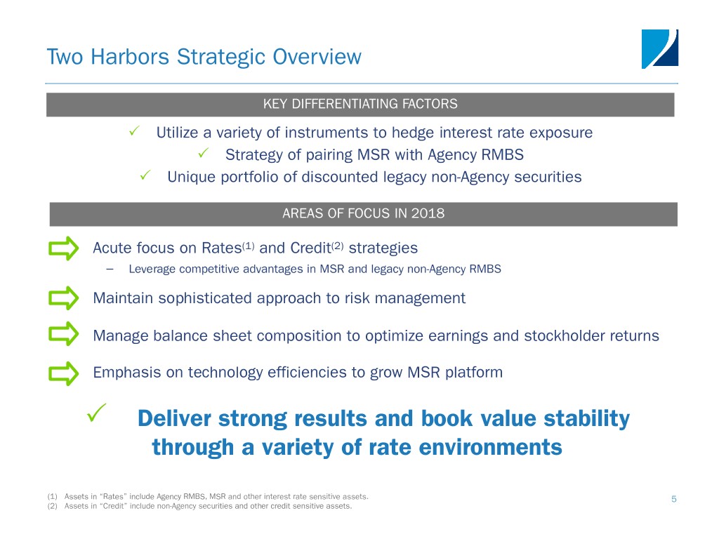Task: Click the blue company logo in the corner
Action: click(660, 49)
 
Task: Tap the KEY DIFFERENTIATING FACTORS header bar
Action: click(360, 105)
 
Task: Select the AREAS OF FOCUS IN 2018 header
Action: click(363, 214)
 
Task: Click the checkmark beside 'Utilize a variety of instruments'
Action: click(134, 131)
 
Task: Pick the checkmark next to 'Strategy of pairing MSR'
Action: click(203, 153)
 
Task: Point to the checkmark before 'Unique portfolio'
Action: click(145, 175)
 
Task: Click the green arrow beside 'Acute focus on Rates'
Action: click(64, 248)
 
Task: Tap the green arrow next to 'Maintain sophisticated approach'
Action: click(64, 298)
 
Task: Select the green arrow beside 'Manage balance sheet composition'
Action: click(64, 333)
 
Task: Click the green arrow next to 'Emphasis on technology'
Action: click(64, 373)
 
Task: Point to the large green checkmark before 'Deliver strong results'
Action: click(96, 413)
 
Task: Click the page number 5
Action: click(673, 499)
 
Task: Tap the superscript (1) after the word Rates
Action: click(248, 246)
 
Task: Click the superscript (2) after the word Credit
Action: click(337, 246)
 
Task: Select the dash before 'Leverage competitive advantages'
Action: click(110, 269)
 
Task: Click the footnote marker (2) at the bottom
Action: click(52, 507)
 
